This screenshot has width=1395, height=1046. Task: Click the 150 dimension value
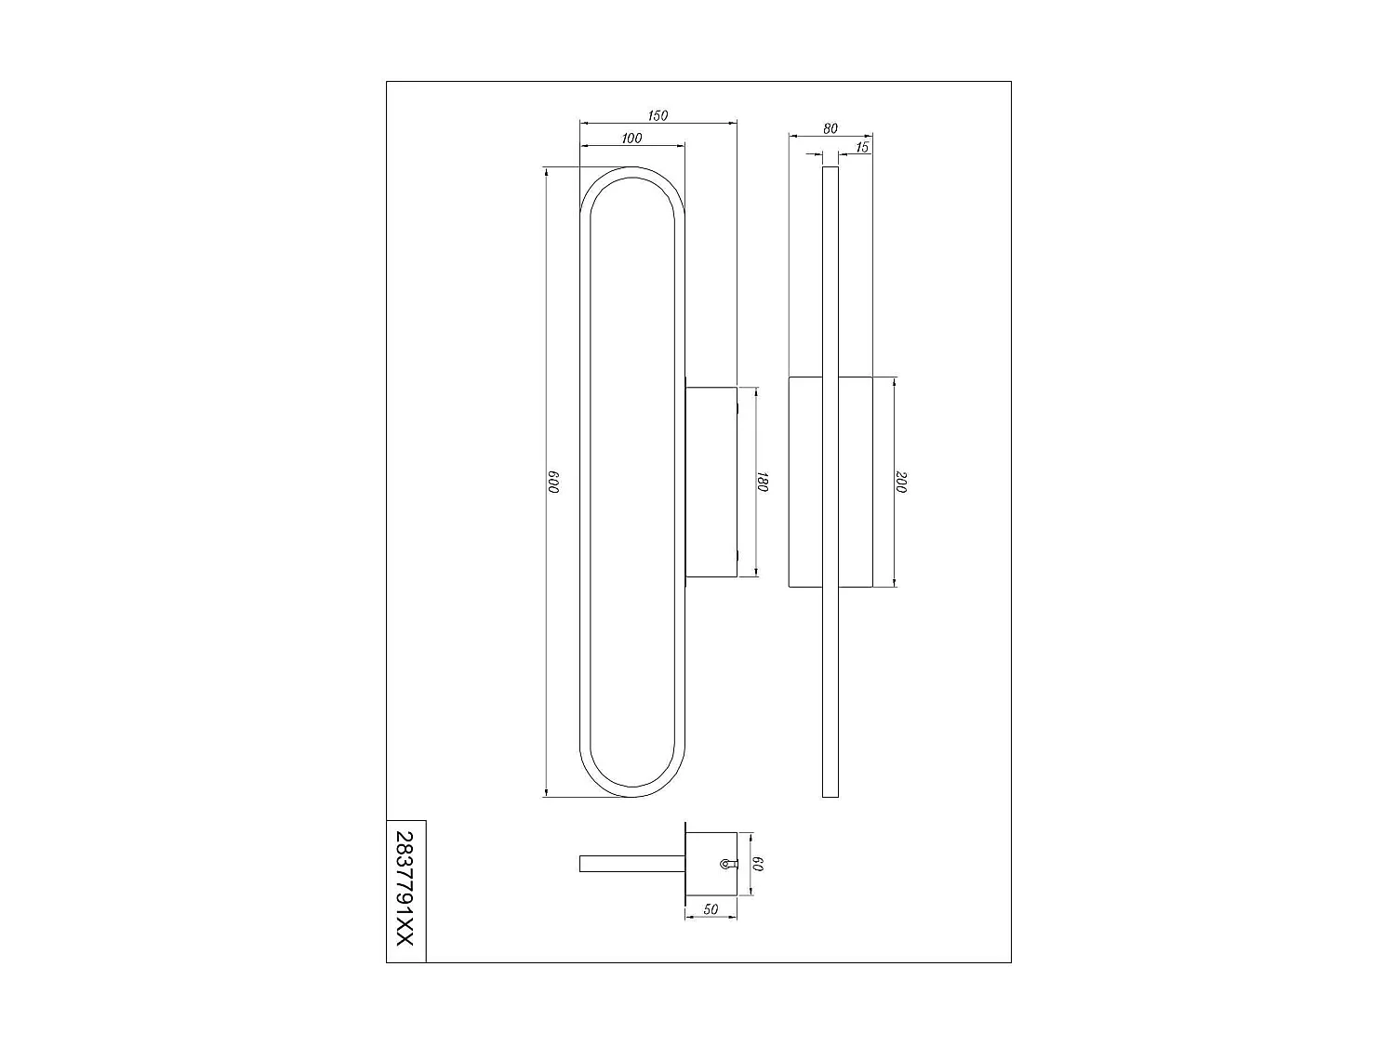point(658,115)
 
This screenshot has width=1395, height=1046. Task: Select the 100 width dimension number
point(631,139)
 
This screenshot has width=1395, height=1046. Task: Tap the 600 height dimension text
point(551,482)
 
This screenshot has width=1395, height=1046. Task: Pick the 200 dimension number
point(901,482)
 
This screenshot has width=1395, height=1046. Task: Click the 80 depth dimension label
point(830,128)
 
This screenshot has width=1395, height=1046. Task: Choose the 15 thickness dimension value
point(861,147)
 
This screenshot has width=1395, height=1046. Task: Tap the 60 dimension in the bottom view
point(758,864)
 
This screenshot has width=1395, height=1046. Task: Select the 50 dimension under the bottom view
point(711,910)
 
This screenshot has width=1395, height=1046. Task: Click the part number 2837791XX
point(405,890)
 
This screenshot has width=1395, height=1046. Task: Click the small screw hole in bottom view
point(724,864)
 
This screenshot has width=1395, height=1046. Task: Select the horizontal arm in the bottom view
point(631,864)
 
